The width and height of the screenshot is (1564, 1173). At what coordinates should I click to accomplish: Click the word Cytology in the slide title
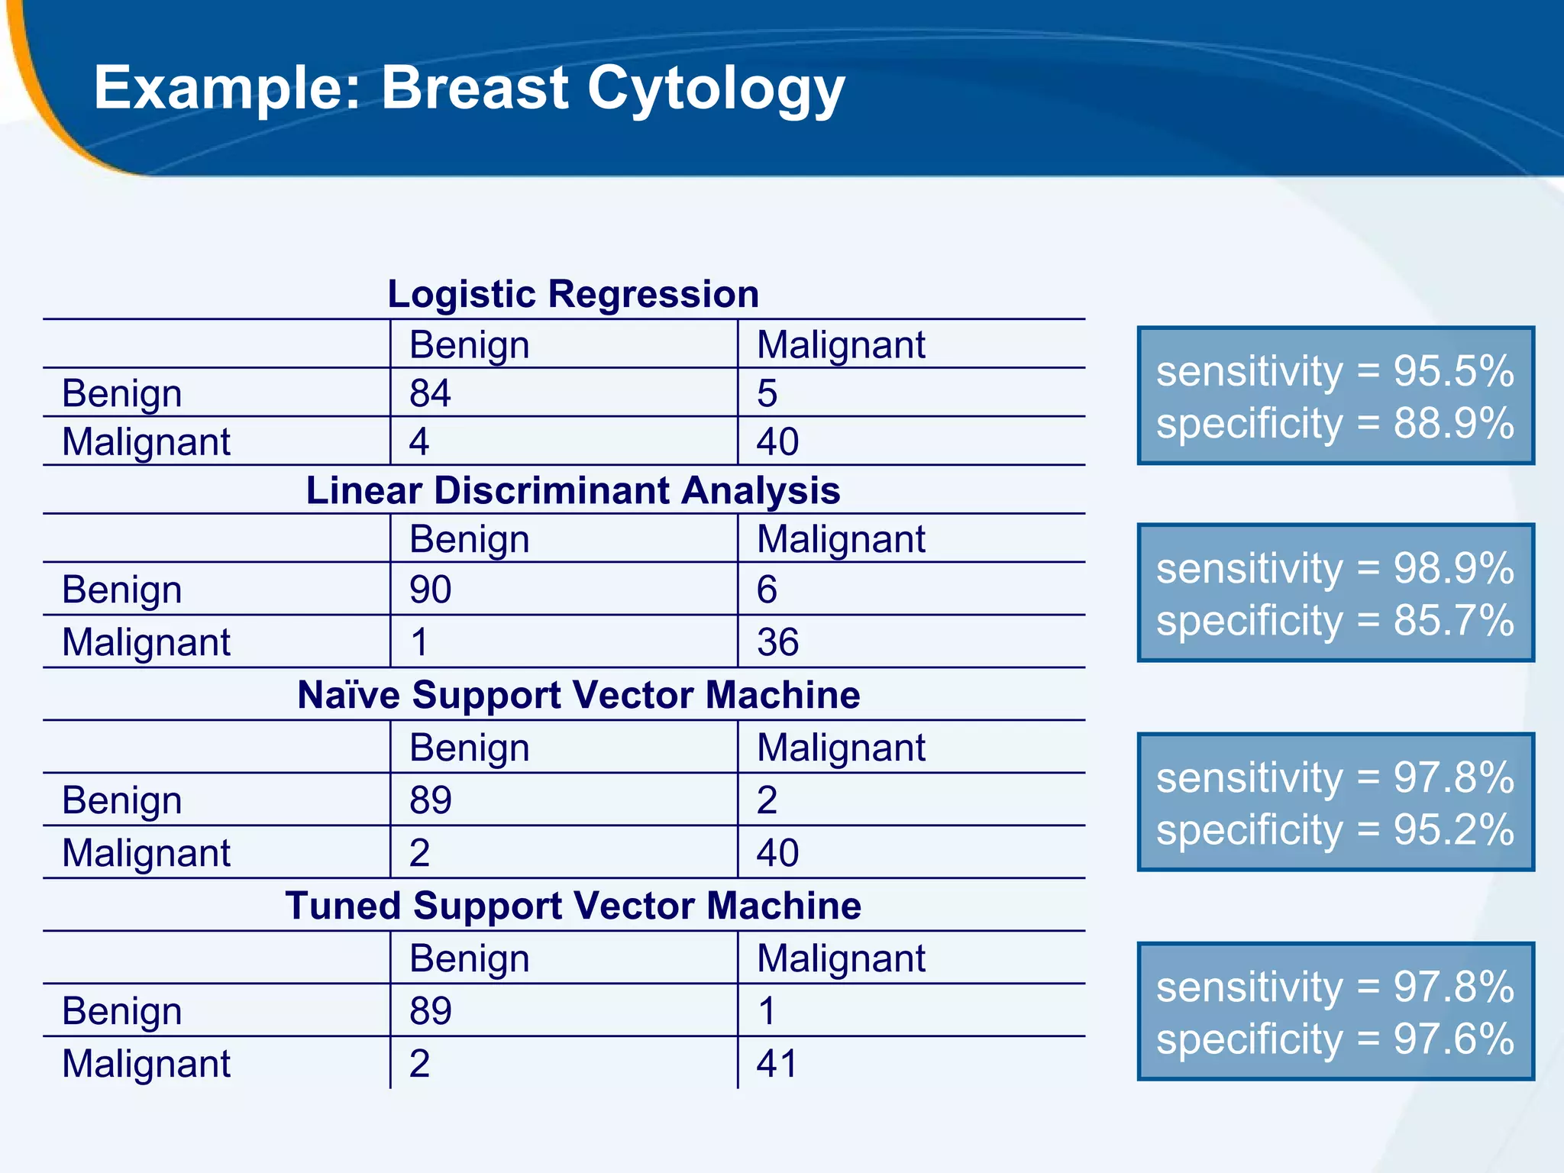(716, 89)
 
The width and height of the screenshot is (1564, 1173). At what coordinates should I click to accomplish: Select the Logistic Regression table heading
(573, 294)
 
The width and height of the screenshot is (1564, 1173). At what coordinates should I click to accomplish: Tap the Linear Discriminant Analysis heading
(573, 490)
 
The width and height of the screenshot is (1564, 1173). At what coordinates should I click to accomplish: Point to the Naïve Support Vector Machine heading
(578, 695)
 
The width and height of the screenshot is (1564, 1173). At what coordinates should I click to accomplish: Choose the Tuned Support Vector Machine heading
(573, 906)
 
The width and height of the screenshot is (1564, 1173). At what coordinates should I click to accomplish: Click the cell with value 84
(430, 393)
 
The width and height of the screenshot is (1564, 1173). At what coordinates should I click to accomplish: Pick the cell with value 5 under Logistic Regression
(767, 393)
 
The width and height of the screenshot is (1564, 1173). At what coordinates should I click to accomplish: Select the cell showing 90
(430, 590)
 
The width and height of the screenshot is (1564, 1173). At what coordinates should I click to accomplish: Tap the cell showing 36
(777, 642)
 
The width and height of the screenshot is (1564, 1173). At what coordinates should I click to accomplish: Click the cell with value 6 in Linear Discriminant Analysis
(767, 590)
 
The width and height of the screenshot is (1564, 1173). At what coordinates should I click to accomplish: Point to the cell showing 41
(777, 1064)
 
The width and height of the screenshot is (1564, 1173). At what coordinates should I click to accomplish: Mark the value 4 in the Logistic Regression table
(419, 442)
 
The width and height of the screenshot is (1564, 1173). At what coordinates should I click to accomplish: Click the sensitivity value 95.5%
(1453, 372)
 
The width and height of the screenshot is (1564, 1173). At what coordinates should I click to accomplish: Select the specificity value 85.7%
(1453, 620)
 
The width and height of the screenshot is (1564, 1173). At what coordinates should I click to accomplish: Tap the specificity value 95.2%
(1453, 830)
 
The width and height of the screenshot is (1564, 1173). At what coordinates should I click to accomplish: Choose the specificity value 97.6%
(1453, 1039)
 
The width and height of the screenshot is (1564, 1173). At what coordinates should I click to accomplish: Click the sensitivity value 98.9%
(1453, 569)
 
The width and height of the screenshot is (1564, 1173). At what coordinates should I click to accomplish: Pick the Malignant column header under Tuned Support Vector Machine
(840, 958)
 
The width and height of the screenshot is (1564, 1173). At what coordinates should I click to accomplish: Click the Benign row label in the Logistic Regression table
(122, 394)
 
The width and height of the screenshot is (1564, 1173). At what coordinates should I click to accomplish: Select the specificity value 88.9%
(1453, 424)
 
